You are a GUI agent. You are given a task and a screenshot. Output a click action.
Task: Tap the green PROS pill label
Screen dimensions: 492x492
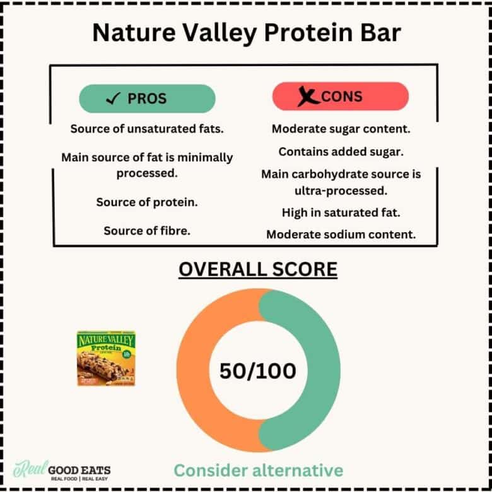point(147,98)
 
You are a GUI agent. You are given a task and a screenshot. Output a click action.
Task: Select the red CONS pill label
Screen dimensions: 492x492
point(341,97)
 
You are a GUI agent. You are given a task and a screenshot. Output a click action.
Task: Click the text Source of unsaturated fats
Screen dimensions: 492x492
point(147,129)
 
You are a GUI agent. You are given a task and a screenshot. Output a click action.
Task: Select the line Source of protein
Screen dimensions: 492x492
point(147,202)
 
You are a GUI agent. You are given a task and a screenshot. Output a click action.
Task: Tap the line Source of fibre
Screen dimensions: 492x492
point(147,231)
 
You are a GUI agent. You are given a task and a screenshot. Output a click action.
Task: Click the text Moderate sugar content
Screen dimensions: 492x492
point(341,129)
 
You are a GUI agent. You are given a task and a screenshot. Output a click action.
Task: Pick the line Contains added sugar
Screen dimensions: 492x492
point(341,151)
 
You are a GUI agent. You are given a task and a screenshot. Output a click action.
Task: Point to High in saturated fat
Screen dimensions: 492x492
point(341,213)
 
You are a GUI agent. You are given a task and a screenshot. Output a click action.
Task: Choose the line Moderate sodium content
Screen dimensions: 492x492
point(341,235)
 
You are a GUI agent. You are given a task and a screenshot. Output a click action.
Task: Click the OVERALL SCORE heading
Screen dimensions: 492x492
point(257,270)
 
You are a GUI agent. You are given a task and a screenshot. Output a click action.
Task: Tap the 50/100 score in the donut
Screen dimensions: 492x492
point(257,371)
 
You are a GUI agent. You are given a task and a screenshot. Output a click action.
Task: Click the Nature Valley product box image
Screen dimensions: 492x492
point(106,358)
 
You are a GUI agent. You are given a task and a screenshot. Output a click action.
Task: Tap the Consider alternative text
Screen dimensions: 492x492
point(258,471)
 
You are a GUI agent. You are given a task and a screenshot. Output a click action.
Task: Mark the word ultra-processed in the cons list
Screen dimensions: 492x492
point(341,190)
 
